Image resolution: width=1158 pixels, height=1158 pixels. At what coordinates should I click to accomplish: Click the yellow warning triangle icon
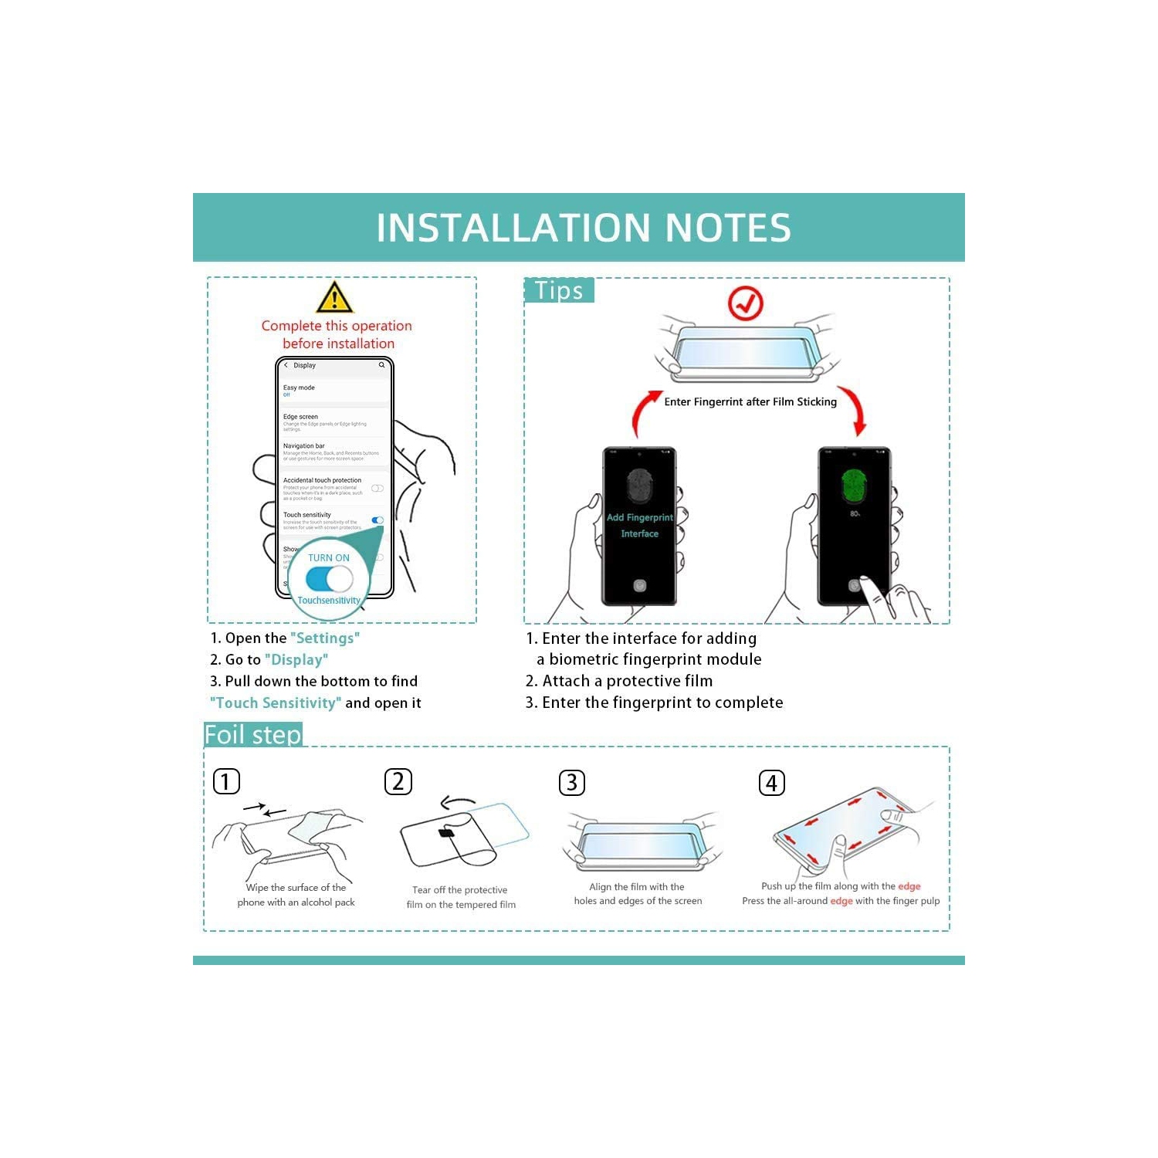(334, 298)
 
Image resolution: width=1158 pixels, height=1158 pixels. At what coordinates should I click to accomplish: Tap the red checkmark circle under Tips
(746, 304)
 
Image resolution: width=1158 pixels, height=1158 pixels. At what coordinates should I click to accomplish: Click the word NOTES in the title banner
(727, 228)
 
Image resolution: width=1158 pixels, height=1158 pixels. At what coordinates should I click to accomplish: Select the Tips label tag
(559, 291)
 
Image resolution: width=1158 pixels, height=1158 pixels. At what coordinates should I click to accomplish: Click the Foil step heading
(252, 735)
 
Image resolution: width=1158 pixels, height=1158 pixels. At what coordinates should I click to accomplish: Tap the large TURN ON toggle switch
(329, 579)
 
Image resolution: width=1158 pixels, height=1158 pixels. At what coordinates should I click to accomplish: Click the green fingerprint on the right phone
(855, 485)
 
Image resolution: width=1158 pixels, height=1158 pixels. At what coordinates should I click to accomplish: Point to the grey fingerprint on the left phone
(639, 485)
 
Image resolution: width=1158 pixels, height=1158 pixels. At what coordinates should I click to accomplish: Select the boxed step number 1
(226, 781)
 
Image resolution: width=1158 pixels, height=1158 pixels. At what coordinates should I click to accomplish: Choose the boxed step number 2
(398, 781)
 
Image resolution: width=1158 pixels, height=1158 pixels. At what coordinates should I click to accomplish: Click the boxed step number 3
(571, 783)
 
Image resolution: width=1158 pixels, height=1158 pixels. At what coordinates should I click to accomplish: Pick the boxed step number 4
(771, 783)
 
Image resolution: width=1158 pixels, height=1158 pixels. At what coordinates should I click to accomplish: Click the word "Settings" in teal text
(325, 638)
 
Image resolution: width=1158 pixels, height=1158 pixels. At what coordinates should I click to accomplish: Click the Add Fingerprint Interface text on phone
(639, 526)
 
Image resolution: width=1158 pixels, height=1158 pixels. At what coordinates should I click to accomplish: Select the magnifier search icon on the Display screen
(381, 365)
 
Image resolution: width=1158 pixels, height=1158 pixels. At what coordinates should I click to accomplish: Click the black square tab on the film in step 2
(446, 833)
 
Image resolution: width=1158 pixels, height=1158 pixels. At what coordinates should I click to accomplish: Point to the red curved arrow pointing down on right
(854, 409)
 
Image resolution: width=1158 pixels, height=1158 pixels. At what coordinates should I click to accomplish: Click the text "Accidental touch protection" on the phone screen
(322, 480)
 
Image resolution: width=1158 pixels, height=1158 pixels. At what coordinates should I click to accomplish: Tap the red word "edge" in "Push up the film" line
(909, 886)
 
